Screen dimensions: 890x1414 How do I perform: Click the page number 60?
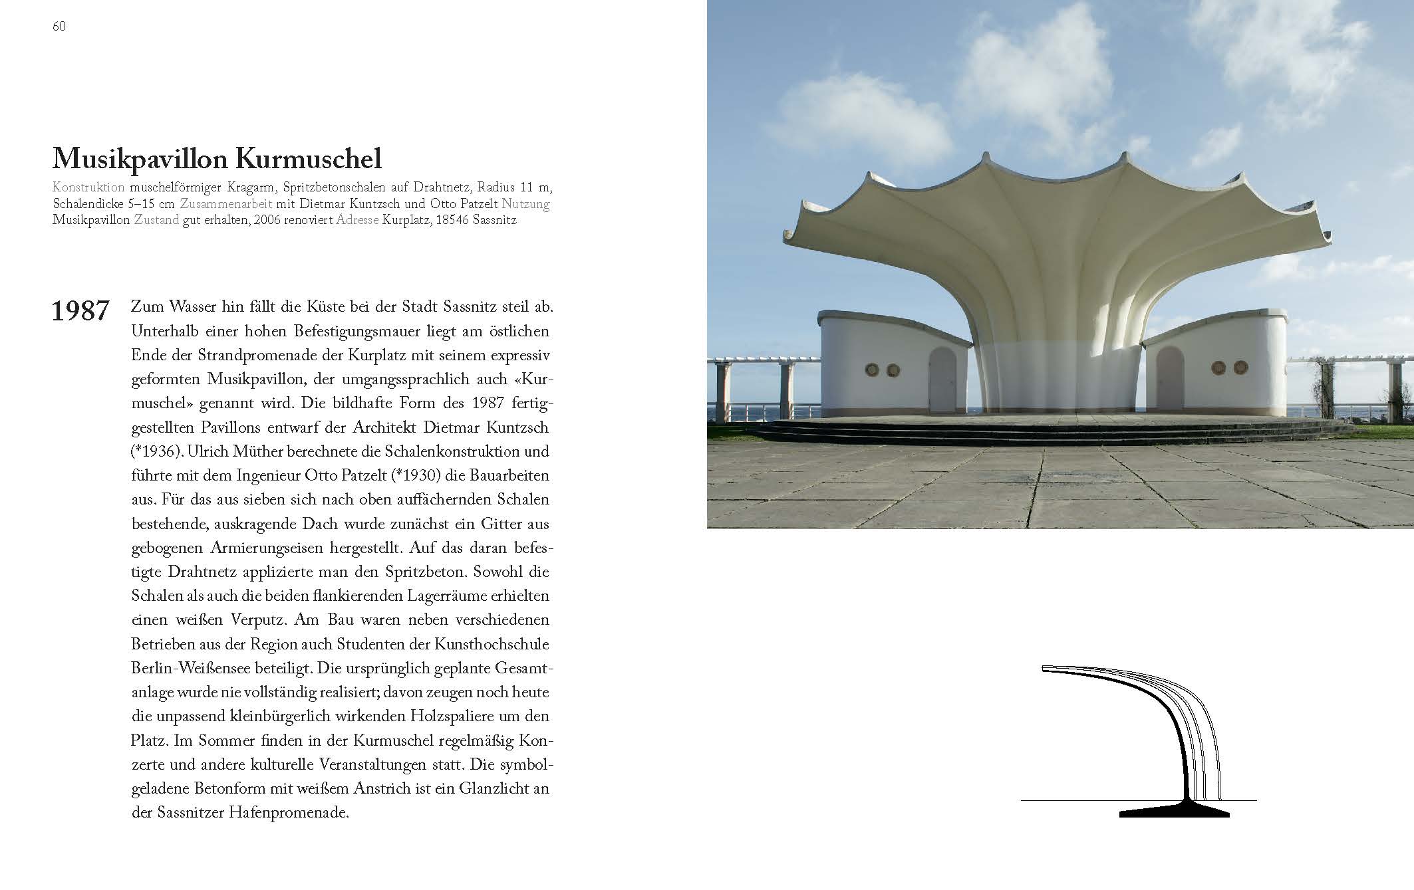click(59, 27)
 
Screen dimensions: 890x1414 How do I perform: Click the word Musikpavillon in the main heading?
click(139, 160)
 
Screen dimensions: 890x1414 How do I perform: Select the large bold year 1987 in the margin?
click(80, 311)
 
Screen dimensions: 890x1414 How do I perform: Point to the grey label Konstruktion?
click(88, 187)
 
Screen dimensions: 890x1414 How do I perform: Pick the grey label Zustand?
click(156, 219)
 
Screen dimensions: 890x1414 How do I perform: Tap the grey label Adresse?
click(358, 219)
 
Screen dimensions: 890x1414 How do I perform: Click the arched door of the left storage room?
click(943, 380)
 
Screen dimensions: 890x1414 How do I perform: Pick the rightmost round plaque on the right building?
click(1240, 367)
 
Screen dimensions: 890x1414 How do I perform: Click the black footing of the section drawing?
click(1175, 812)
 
